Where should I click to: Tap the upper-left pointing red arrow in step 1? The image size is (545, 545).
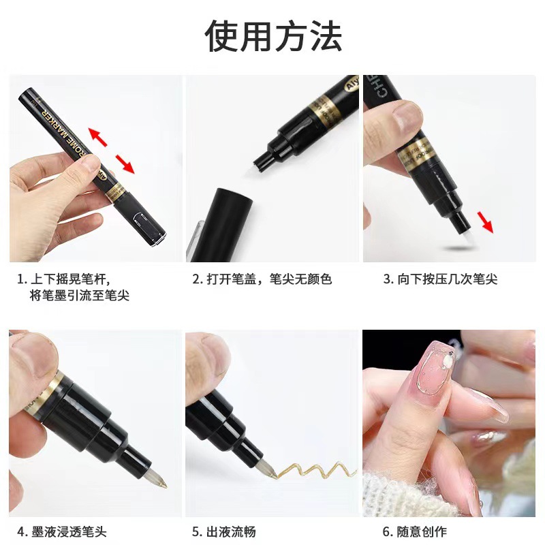pyautogui.click(x=98, y=137)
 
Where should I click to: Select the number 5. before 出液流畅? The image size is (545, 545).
pyautogui.click(x=197, y=531)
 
